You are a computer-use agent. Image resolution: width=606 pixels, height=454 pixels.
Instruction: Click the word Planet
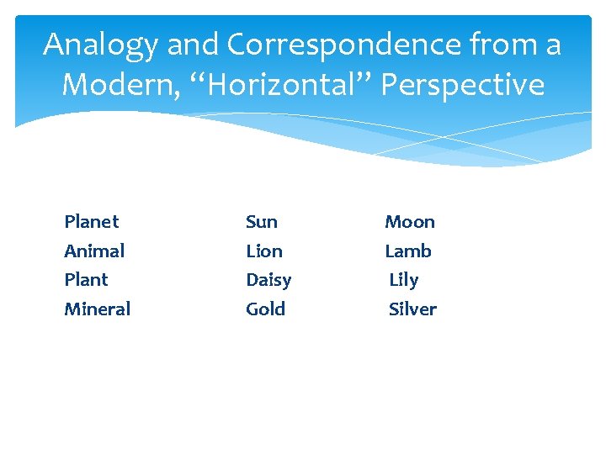(x=92, y=222)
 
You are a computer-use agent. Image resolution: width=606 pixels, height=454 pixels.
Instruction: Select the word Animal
(x=94, y=251)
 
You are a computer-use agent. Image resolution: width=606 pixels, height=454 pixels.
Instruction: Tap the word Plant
(x=86, y=280)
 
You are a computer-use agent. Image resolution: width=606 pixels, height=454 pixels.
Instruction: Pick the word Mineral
(x=98, y=309)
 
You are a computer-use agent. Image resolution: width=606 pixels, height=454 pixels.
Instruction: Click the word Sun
(x=262, y=222)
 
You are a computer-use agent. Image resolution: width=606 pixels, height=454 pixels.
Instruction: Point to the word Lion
(x=264, y=251)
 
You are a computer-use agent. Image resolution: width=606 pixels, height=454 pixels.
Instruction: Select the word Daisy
(x=268, y=280)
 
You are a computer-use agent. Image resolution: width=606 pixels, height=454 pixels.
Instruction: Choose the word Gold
(x=266, y=309)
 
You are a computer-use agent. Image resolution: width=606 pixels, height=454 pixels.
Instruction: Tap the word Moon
(x=410, y=222)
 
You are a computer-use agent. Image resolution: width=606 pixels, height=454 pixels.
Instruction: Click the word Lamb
(x=408, y=251)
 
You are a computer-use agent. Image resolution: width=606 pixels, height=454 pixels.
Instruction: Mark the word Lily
(x=404, y=280)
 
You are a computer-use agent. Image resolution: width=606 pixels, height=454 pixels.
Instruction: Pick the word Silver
(x=413, y=309)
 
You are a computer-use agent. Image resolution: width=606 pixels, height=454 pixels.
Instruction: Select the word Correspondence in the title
(x=321, y=45)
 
